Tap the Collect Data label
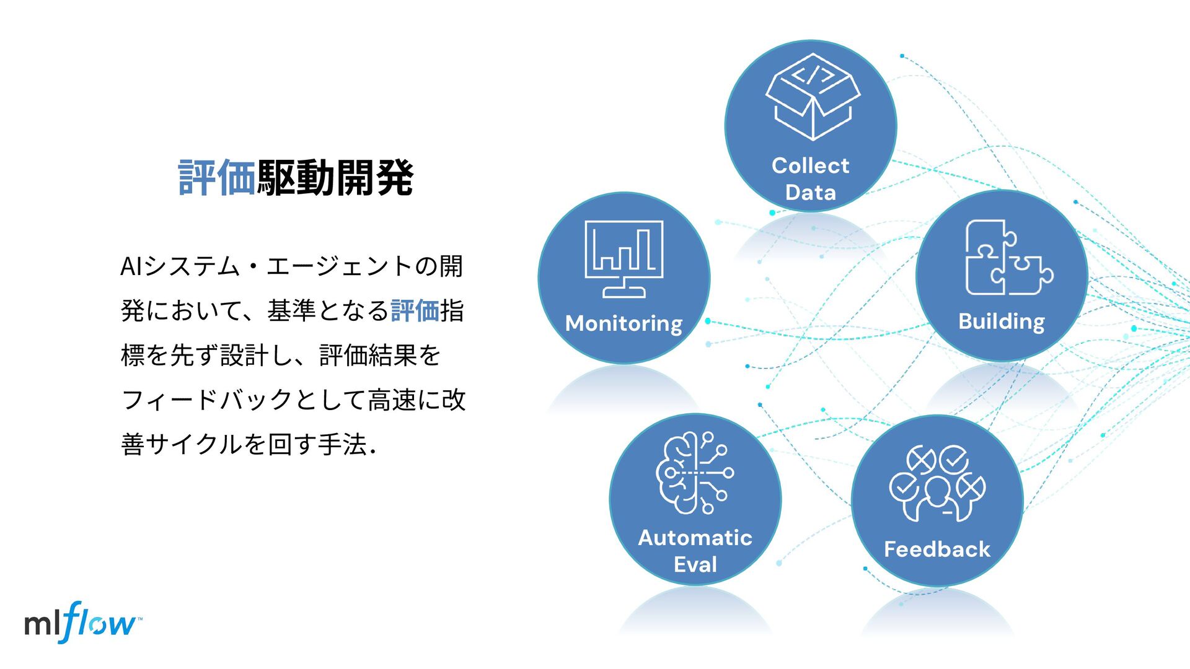point(811,179)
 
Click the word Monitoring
point(624,323)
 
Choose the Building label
point(1002,321)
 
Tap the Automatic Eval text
point(695,551)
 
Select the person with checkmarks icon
point(937,483)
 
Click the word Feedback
point(937,549)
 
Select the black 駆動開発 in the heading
point(335,178)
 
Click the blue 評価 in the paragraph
point(415,311)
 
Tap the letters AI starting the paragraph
point(131,267)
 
